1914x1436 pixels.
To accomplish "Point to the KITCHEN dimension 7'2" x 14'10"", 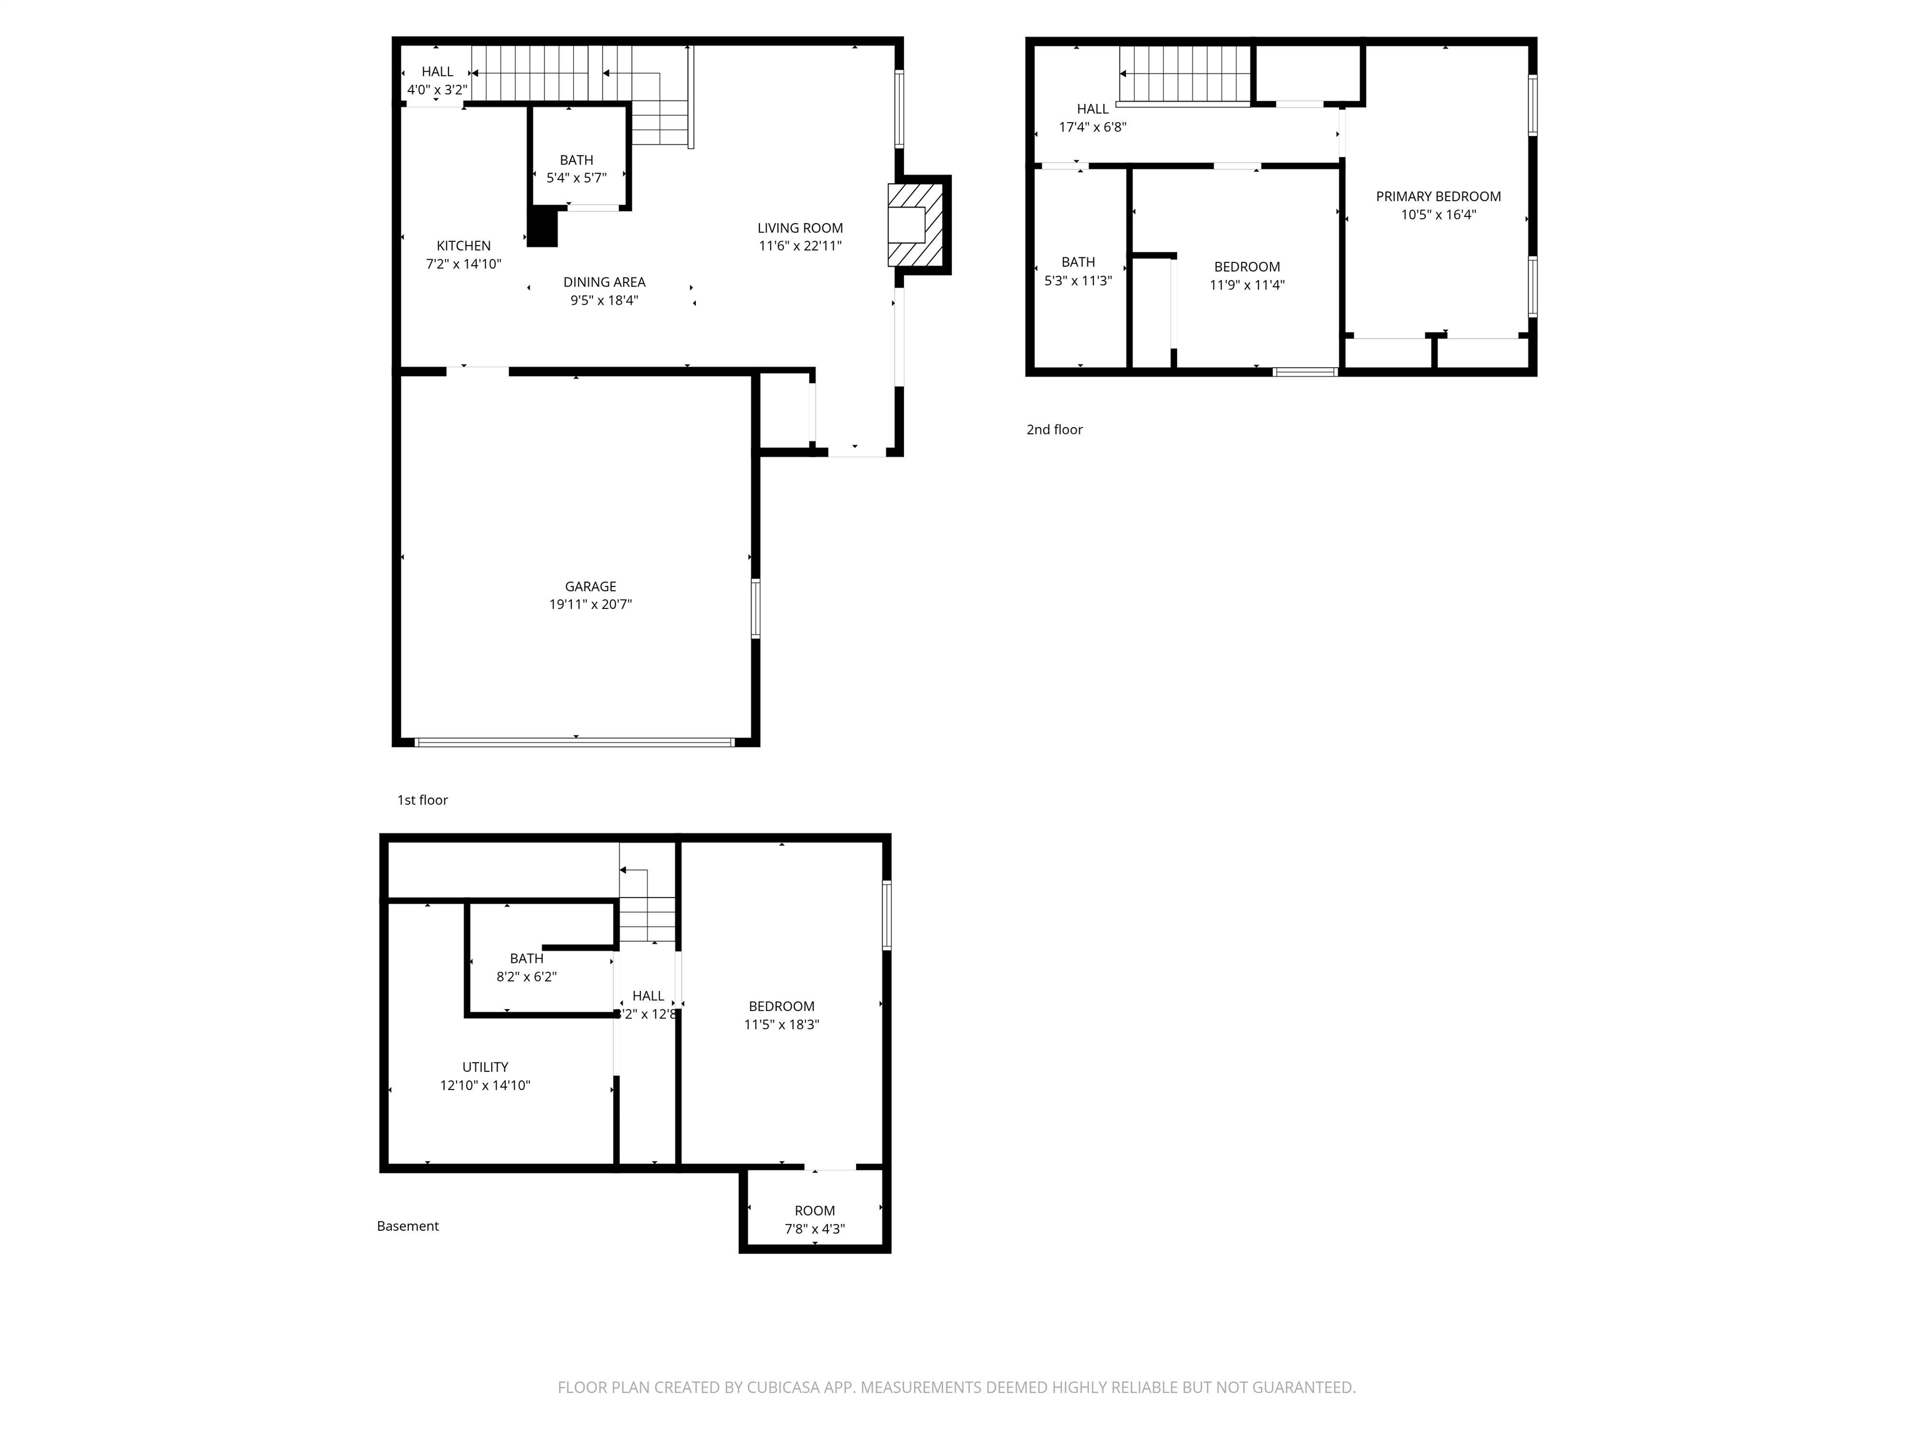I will pyautogui.click(x=463, y=264).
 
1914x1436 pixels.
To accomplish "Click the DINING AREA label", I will pyautogui.click(x=604, y=282).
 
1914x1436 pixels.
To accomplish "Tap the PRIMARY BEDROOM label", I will pyautogui.click(x=1438, y=196).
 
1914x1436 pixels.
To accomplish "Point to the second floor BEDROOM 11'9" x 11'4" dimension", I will pyautogui.click(x=1246, y=285).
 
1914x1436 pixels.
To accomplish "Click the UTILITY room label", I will pyautogui.click(x=485, y=1067).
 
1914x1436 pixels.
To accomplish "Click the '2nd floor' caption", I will pyautogui.click(x=1054, y=429).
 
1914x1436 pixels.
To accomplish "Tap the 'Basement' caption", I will pyautogui.click(x=407, y=1227).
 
